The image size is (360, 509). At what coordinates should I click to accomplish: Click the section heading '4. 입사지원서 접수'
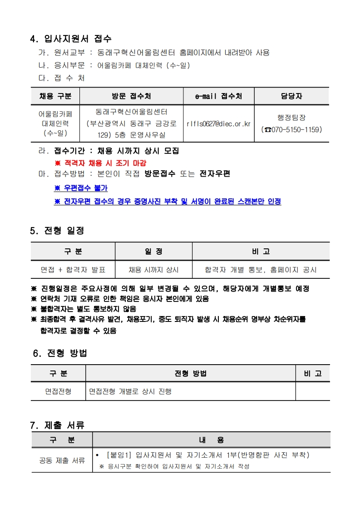(70, 39)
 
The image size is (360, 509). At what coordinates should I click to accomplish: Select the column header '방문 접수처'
(131, 96)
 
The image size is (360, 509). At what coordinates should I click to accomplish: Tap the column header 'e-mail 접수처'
(218, 96)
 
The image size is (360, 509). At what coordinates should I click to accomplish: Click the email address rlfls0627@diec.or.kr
(218, 124)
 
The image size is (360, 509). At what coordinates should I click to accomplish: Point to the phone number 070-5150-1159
(295, 130)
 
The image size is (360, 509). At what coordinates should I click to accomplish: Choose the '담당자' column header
(291, 96)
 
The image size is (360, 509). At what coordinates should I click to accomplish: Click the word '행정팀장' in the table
(292, 118)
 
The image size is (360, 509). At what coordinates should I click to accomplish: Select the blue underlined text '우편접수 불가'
(81, 188)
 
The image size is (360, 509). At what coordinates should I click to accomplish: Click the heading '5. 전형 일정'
(57, 231)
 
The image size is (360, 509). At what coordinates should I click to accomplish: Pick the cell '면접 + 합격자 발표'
(73, 270)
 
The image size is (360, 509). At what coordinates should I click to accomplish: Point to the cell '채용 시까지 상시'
(153, 270)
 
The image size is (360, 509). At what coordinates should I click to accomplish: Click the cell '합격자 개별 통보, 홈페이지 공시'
(261, 270)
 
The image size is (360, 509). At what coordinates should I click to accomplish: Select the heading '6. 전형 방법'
(60, 353)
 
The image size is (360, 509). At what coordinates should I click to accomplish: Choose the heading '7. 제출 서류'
(57, 425)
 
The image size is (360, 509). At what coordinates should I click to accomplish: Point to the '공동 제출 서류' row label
(62, 460)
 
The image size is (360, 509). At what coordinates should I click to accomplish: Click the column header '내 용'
(211, 440)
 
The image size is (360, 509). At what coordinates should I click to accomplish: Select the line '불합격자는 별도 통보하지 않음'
(85, 309)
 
